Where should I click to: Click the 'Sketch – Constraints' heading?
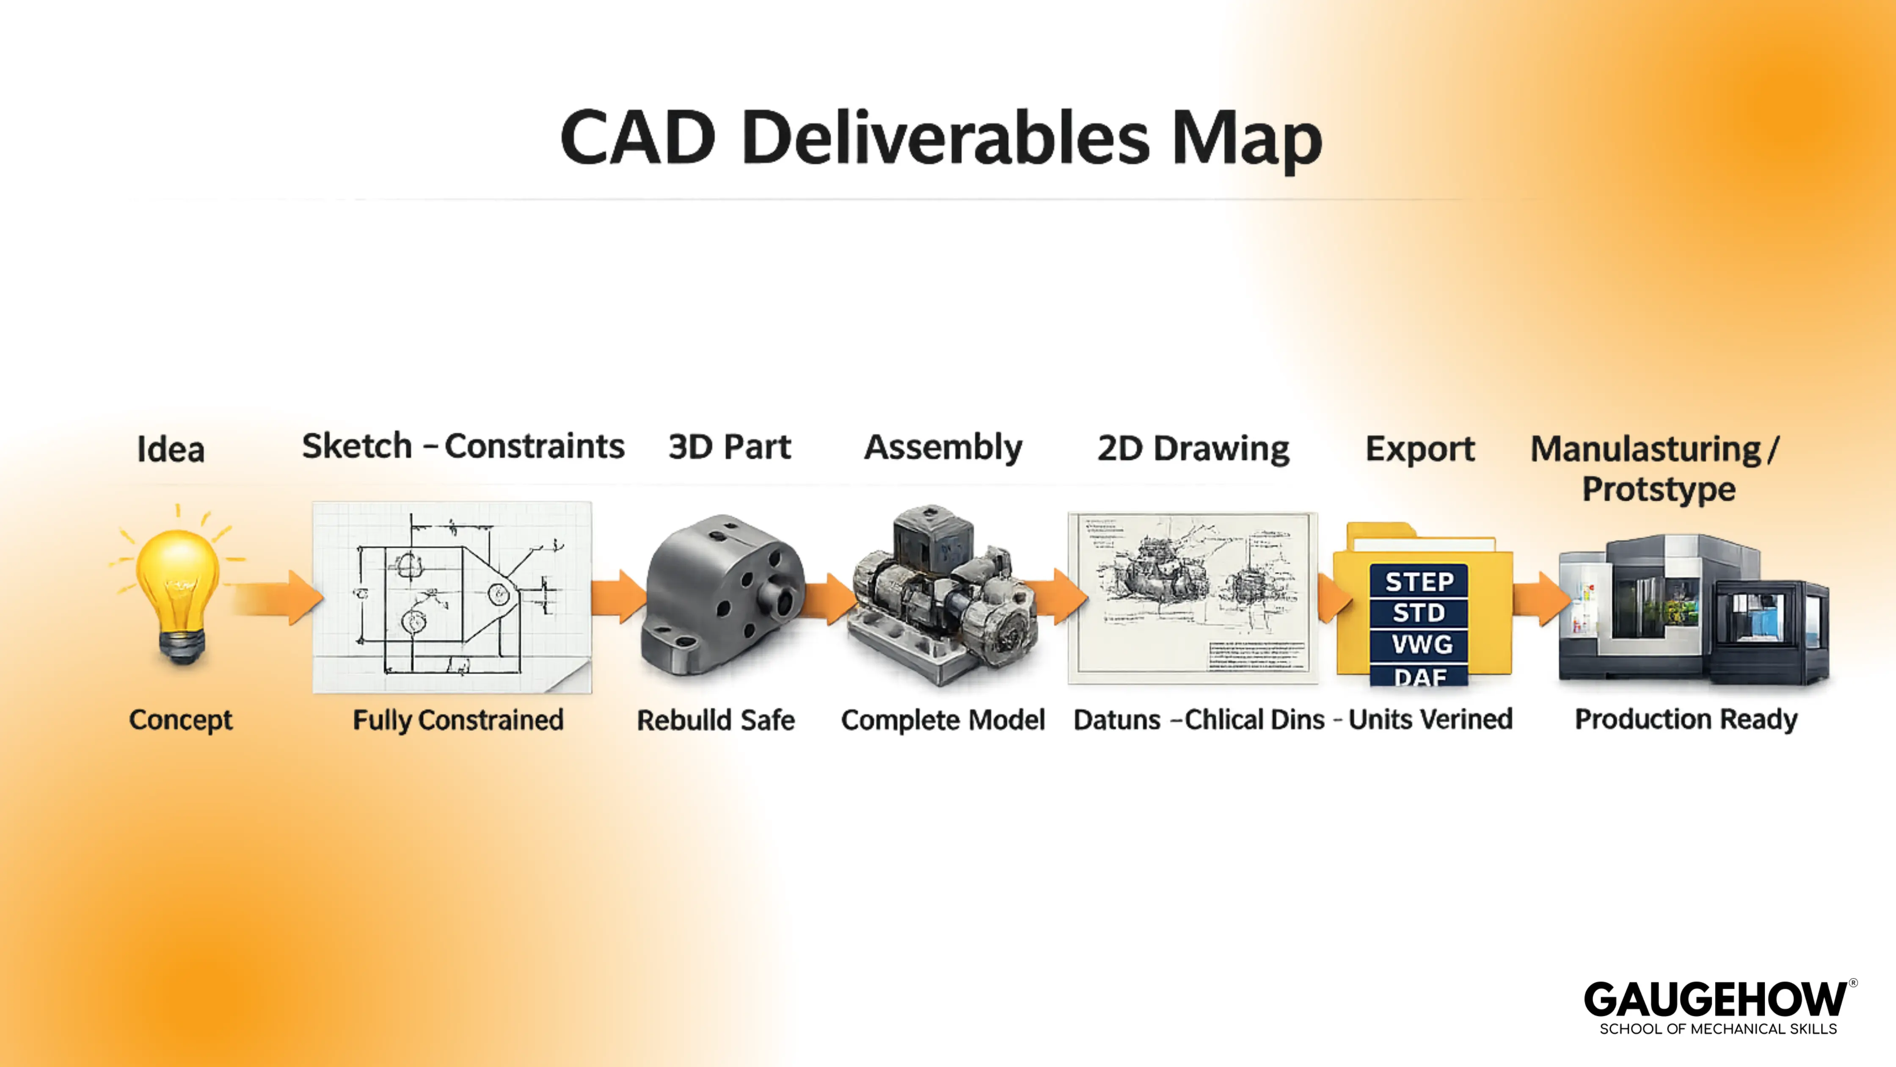click(x=463, y=446)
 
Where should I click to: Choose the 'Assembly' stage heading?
click(x=943, y=448)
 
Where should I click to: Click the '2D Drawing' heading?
click(x=1193, y=448)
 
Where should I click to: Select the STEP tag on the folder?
click(x=1419, y=582)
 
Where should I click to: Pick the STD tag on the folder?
click(x=1419, y=613)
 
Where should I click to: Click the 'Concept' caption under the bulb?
click(x=180, y=719)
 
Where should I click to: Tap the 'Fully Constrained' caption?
click(x=458, y=719)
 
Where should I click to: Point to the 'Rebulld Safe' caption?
click(x=715, y=719)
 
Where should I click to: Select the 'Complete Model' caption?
click(x=943, y=719)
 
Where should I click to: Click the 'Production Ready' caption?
click(x=1686, y=719)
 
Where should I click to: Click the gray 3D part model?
click(x=721, y=597)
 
